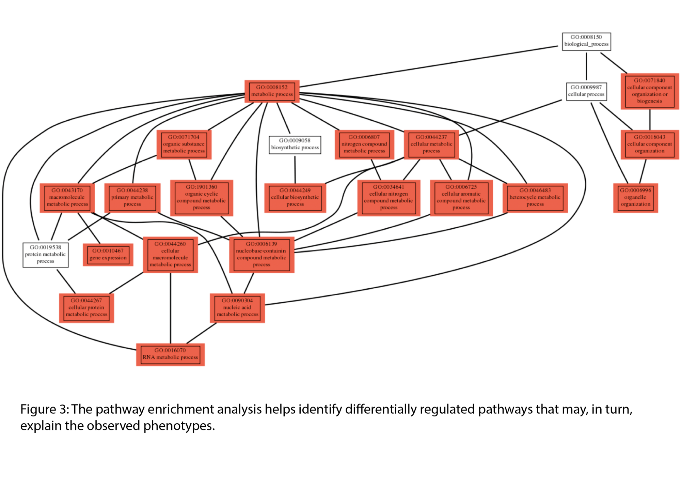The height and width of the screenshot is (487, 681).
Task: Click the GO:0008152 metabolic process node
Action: [272, 91]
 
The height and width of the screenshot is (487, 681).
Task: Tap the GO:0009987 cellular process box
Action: [586, 91]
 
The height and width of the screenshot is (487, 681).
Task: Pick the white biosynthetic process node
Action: [295, 144]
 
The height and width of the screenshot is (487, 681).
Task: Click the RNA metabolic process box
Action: [170, 354]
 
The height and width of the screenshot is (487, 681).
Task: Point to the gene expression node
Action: [108, 255]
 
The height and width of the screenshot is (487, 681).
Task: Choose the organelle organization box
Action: [635, 198]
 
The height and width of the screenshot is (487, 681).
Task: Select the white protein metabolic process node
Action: [46, 255]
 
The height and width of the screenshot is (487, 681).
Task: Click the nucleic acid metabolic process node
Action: [237, 308]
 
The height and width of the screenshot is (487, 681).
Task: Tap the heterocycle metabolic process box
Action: [535, 198]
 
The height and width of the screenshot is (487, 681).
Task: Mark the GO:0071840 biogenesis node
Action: [649, 91]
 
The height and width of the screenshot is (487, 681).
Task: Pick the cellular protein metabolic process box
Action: [86, 308]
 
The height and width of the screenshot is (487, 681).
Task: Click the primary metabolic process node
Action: [132, 198]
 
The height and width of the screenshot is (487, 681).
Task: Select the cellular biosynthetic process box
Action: [295, 198]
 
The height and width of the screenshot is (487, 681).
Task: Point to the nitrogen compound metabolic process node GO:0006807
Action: [364, 144]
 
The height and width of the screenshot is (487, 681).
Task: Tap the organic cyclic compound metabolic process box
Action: [201, 198]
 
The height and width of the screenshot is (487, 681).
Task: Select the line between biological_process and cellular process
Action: [586, 66]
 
